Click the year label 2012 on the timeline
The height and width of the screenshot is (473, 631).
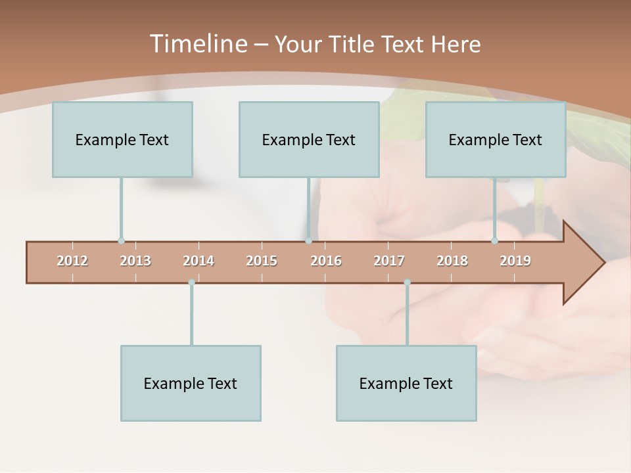click(x=72, y=261)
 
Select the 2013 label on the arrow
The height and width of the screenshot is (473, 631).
click(x=135, y=261)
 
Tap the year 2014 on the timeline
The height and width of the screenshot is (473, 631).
click(x=199, y=261)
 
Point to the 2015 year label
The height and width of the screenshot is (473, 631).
click(x=262, y=261)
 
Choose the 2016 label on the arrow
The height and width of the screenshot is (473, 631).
click(x=326, y=261)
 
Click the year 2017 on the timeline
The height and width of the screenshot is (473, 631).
click(x=389, y=261)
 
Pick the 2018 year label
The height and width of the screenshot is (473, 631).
click(x=452, y=261)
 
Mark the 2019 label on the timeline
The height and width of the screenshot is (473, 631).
click(x=515, y=261)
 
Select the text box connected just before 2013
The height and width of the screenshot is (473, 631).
click(x=122, y=139)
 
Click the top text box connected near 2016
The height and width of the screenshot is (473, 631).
click(x=309, y=139)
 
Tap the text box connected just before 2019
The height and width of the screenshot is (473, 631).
click(x=496, y=139)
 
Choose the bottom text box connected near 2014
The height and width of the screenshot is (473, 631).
click(x=191, y=383)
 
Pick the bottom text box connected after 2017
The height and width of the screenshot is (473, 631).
click(x=406, y=383)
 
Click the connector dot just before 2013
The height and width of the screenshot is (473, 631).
click(x=121, y=241)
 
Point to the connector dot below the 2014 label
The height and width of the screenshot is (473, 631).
click(x=191, y=282)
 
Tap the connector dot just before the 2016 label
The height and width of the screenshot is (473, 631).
click(x=308, y=241)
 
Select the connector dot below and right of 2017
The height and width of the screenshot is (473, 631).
click(x=407, y=282)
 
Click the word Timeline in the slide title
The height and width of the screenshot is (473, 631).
click(x=197, y=44)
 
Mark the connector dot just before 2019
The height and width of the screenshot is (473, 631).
click(x=495, y=241)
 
